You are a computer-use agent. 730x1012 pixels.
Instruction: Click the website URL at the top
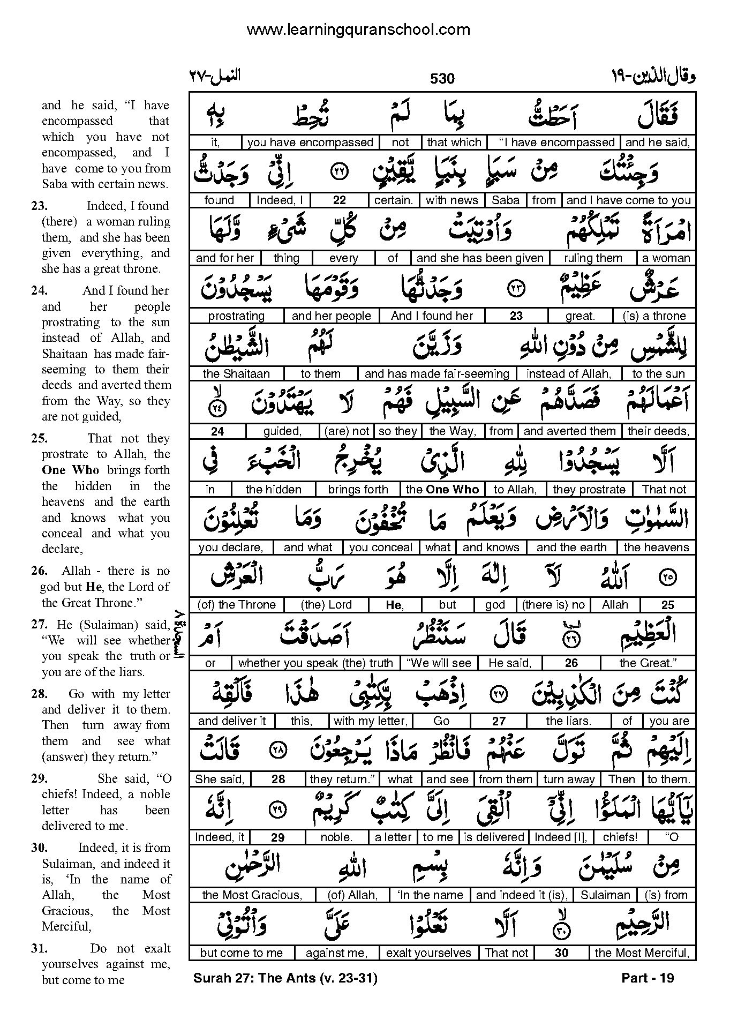[358, 29]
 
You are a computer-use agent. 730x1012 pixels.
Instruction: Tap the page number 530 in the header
[442, 79]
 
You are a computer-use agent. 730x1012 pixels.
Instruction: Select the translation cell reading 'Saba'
[505, 200]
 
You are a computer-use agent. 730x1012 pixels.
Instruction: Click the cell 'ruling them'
[593, 258]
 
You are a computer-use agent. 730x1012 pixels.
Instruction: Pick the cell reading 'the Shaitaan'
[236, 374]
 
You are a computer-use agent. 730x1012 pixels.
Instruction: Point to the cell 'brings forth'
[357, 490]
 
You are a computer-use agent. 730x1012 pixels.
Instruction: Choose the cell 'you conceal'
[380, 548]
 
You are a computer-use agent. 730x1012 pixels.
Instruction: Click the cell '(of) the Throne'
[236, 605]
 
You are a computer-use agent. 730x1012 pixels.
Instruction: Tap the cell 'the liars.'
[568, 721]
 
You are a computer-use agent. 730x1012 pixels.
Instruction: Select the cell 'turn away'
[569, 779]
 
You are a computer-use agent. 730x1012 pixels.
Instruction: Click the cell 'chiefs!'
[620, 837]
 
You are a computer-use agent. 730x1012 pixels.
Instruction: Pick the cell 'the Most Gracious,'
[252, 895]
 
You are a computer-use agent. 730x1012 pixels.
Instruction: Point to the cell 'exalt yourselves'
[428, 953]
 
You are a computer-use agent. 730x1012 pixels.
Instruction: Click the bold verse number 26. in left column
[39, 571]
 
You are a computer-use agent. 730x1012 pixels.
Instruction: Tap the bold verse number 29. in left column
[39, 779]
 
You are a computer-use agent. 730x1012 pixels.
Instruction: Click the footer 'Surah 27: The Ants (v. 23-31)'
[285, 978]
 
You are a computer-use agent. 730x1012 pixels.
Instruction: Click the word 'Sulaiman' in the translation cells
[605, 895]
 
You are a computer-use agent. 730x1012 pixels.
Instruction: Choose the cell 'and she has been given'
[479, 258]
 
